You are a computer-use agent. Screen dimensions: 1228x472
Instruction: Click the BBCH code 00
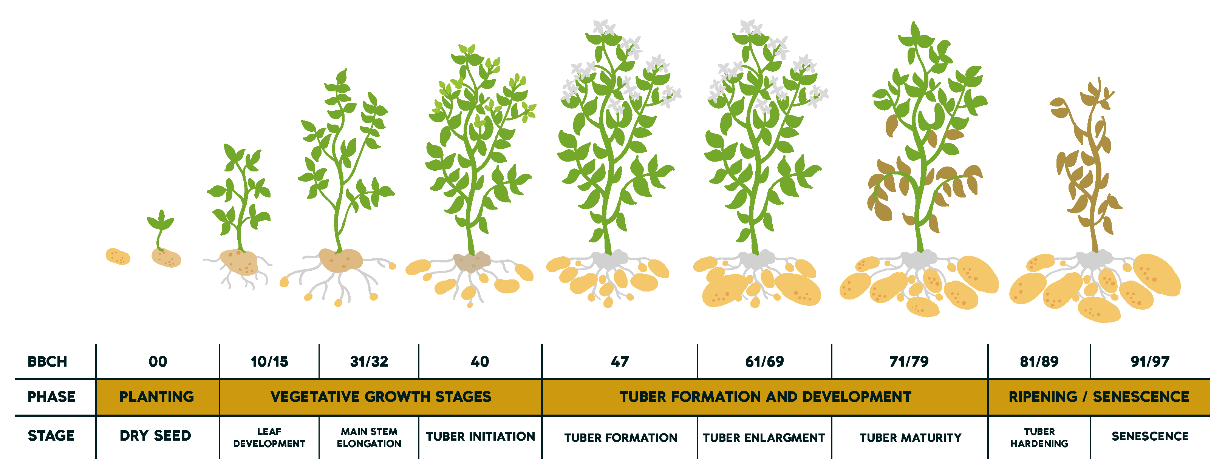pyautogui.click(x=158, y=361)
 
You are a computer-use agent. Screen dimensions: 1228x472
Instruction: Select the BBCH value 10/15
pyautogui.click(x=269, y=361)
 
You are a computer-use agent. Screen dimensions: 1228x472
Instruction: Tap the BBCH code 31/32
pyautogui.click(x=369, y=361)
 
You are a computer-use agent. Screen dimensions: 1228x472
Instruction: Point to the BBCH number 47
pyautogui.click(x=620, y=361)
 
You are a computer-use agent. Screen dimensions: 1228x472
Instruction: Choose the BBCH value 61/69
pyautogui.click(x=765, y=361)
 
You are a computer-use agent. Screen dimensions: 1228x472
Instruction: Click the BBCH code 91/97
pyautogui.click(x=1150, y=361)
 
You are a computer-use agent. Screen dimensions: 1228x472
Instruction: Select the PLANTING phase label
pyautogui.click(x=156, y=397)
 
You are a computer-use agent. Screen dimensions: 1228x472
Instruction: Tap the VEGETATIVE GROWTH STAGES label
pyautogui.click(x=381, y=397)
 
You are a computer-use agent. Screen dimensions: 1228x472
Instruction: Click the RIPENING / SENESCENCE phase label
pyautogui.click(x=1099, y=397)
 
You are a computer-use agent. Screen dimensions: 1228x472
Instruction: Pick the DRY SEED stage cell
pyautogui.click(x=155, y=436)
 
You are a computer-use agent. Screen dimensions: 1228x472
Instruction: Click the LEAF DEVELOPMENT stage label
pyautogui.click(x=269, y=437)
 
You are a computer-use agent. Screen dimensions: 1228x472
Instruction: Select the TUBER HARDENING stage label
pyautogui.click(x=1039, y=437)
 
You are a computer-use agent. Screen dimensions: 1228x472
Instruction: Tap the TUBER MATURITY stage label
pyautogui.click(x=911, y=438)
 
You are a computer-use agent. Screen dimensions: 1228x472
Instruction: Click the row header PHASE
pyautogui.click(x=51, y=397)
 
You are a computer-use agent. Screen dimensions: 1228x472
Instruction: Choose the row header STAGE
pyautogui.click(x=51, y=436)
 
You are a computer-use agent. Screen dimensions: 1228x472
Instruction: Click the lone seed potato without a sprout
pyautogui.click(x=118, y=256)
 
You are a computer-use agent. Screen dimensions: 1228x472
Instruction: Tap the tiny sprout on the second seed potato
pyautogui.click(x=160, y=228)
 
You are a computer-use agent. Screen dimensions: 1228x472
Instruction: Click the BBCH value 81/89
pyautogui.click(x=1039, y=361)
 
